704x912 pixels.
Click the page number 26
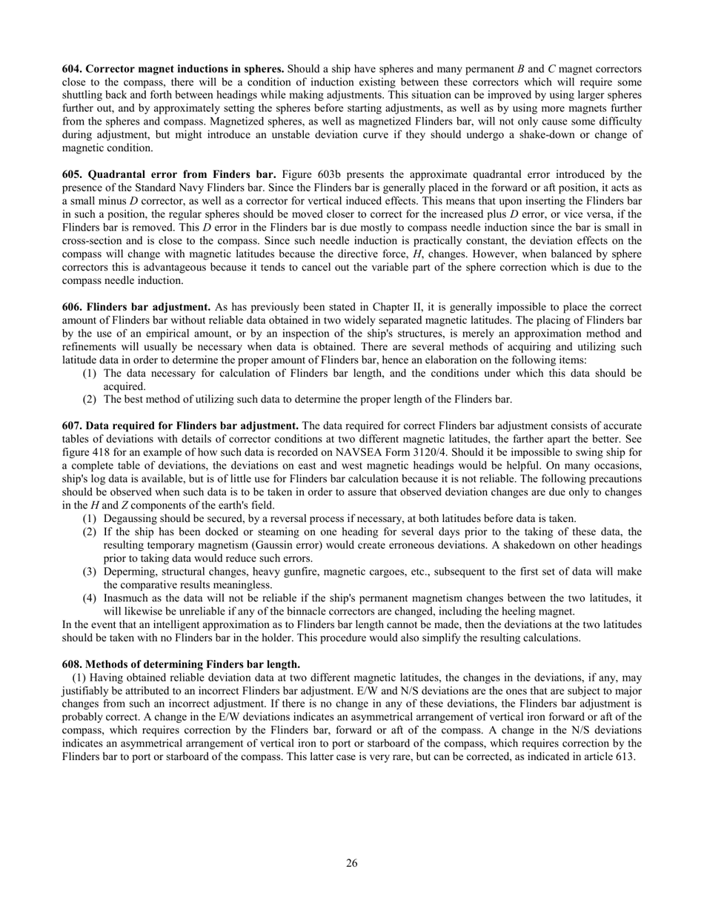[352, 862]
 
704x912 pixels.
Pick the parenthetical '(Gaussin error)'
[277, 545]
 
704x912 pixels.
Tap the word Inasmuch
[127, 598]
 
